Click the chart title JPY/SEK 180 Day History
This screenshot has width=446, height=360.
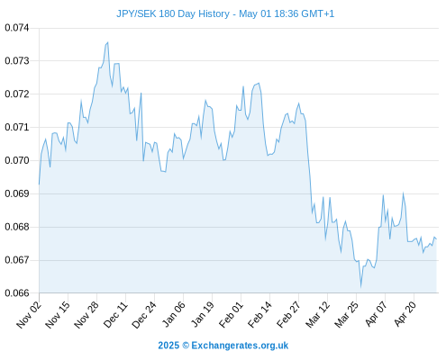click(173, 13)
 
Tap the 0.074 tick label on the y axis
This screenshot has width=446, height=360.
click(17, 28)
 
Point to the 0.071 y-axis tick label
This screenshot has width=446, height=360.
click(17, 127)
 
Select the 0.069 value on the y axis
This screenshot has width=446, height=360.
click(17, 193)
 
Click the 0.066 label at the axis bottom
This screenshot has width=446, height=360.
click(17, 292)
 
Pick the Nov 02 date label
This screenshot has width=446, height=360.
click(29, 314)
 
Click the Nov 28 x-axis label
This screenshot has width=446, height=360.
click(86, 314)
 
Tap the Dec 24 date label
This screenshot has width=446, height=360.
click(144, 314)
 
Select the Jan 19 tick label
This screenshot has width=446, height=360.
click(203, 314)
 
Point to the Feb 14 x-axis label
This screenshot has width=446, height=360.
click(259, 314)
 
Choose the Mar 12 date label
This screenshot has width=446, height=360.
click(318, 314)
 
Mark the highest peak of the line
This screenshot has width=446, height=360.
click(108, 42)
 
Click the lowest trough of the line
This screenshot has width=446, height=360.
click(360, 287)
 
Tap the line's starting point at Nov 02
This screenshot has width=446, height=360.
click(39, 184)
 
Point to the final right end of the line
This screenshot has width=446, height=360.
click(436, 239)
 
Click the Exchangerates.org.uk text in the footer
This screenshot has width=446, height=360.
click(240, 346)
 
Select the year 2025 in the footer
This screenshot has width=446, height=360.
click(168, 346)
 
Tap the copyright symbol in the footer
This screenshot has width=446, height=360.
click(186, 346)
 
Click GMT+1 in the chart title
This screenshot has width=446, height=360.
click(317, 13)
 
